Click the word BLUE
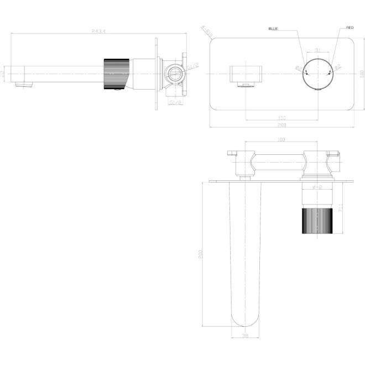coord(274,28)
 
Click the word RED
coord(350,28)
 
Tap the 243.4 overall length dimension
coord(99,31)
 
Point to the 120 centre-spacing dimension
coord(281,117)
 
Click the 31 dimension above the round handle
coord(317,50)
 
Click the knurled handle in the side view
coord(116,73)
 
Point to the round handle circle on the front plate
coord(317,73)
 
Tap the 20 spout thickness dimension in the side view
coord(3,72)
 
